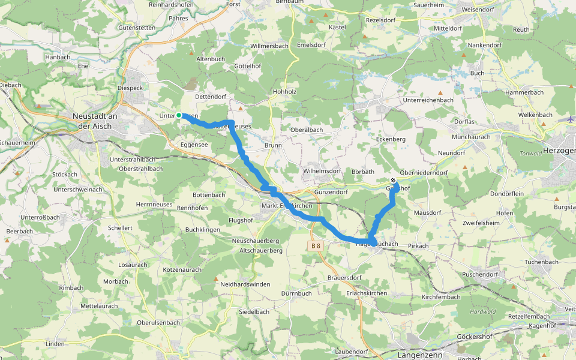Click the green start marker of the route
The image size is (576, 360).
pyautogui.click(x=179, y=115)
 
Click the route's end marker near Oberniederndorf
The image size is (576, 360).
pyautogui.click(x=393, y=181)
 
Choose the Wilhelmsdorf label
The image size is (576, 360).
pyautogui.click(x=322, y=171)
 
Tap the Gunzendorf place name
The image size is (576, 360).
pyautogui.click(x=331, y=192)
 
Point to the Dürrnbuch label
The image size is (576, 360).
pyautogui.click(x=296, y=293)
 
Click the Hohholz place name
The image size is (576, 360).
pyautogui.click(x=285, y=92)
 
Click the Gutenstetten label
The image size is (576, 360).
pyautogui.click(x=137, y=28)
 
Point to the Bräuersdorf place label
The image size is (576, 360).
pyautogui.click(x=344, y=278)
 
